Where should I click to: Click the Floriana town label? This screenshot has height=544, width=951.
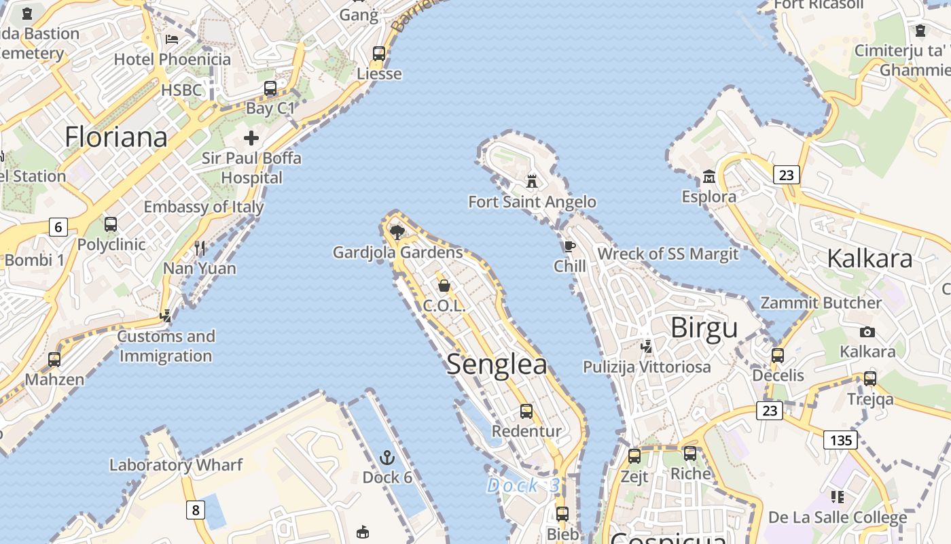[116, 137]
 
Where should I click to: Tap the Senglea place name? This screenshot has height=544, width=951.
[497, 364]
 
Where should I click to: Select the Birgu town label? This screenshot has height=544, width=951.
[704, 328]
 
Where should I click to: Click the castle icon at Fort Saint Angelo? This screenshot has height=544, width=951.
[532, 182]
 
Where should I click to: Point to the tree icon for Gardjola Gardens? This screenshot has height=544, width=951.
[397, 233]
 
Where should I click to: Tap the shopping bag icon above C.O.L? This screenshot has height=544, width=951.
[444, 286]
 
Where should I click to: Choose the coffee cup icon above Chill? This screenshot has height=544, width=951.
[569, 246]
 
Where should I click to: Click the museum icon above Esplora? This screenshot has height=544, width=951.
[709, 177]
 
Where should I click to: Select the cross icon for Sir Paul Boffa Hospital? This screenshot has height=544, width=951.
[251, 138]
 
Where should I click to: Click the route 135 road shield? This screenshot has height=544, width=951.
[840, 440]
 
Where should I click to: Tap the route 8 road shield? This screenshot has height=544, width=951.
[196, 509]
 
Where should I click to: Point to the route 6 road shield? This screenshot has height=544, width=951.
[58, 226]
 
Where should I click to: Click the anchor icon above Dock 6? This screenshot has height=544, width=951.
[387, 457]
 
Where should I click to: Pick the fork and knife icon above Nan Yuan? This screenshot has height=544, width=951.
[200, 248]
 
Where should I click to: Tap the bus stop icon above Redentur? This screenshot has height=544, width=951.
[526, 411]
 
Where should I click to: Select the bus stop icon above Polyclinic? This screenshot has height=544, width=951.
[111, 224]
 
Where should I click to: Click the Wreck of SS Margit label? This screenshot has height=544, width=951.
[667, 254]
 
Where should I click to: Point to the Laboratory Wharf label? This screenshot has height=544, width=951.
[176, 465]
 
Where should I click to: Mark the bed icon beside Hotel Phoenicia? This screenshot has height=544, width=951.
[172, 39]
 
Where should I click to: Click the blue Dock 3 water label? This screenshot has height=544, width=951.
[524, 486]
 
